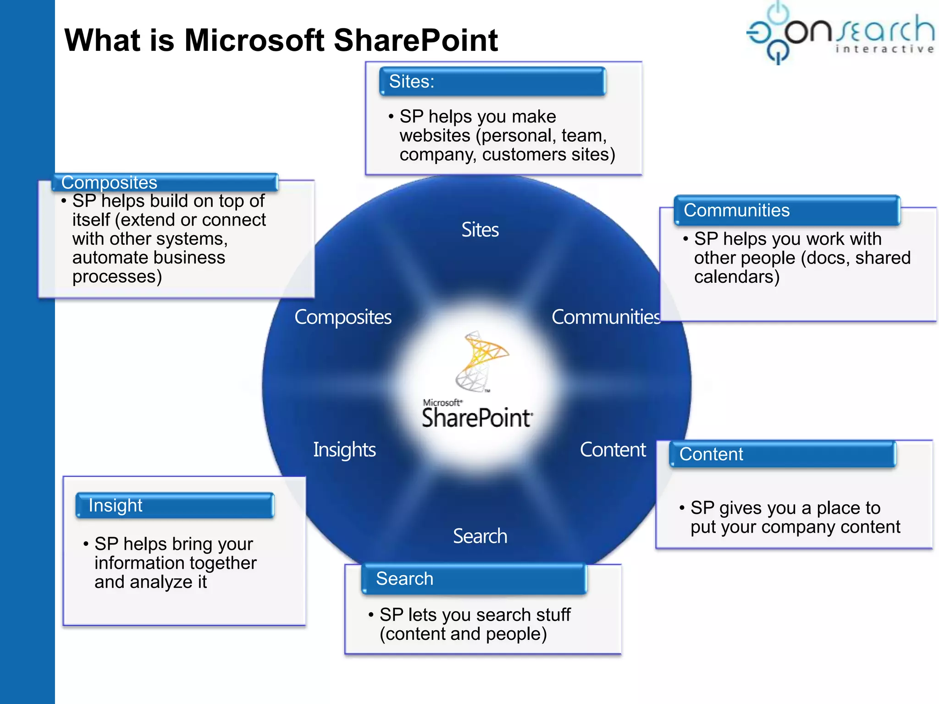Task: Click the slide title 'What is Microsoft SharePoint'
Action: [281, 40]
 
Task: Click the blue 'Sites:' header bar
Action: [492, 82]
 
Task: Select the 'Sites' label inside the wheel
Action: [480, 230]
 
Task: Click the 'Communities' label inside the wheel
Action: [605, 317]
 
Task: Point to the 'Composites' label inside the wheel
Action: [343, 317]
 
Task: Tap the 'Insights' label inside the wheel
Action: [344, 450]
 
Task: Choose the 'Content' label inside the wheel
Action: [613, 450]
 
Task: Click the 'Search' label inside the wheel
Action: [480, 536]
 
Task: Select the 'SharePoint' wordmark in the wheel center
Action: [477, 418]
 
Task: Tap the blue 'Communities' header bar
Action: [786, 210]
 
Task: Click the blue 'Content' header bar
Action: [782, 454]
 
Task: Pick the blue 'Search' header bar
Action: [474, 579]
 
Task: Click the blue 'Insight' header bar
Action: [175, 506]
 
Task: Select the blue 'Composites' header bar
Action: [165, 182]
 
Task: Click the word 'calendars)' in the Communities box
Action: [736, 277]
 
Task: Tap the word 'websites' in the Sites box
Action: [435, 136]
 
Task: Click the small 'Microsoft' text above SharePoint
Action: [442, 402]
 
